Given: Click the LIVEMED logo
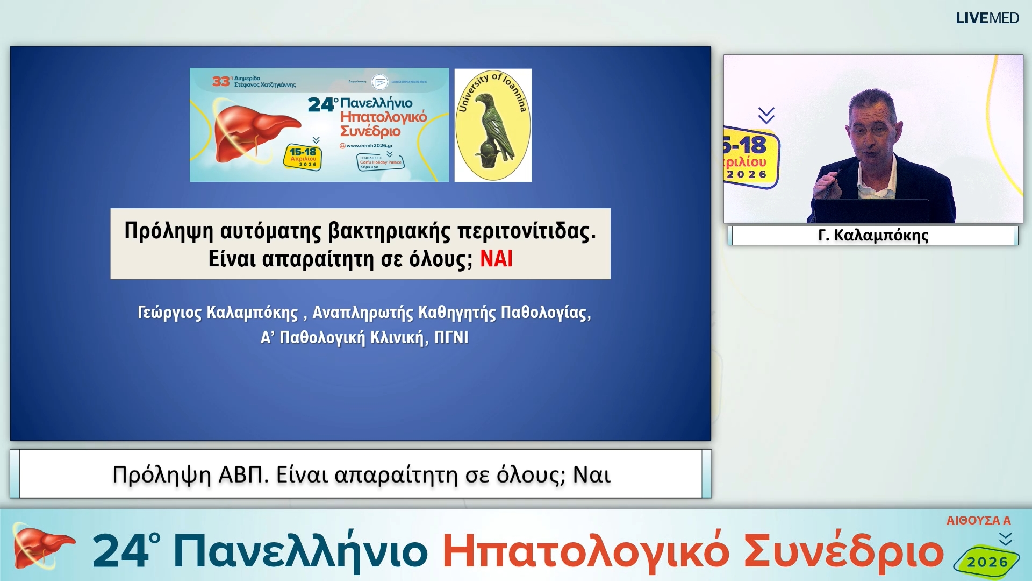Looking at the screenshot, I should [987, 18].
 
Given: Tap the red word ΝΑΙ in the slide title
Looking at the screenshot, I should [496, 259].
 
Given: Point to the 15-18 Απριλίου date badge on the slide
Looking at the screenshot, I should [303, 157].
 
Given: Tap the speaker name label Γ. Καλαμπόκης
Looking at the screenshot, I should [873, 236].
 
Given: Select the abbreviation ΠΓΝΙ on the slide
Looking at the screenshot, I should [451, 338].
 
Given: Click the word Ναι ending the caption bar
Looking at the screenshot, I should [591, 475].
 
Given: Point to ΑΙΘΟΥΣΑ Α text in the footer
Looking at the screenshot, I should [978, 521].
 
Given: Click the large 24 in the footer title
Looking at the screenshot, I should [121, 551].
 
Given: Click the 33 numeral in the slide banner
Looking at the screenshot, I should [221, 81].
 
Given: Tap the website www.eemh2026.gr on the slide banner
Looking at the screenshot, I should [369, 146].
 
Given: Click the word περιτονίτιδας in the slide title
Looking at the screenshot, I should [526, 231].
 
